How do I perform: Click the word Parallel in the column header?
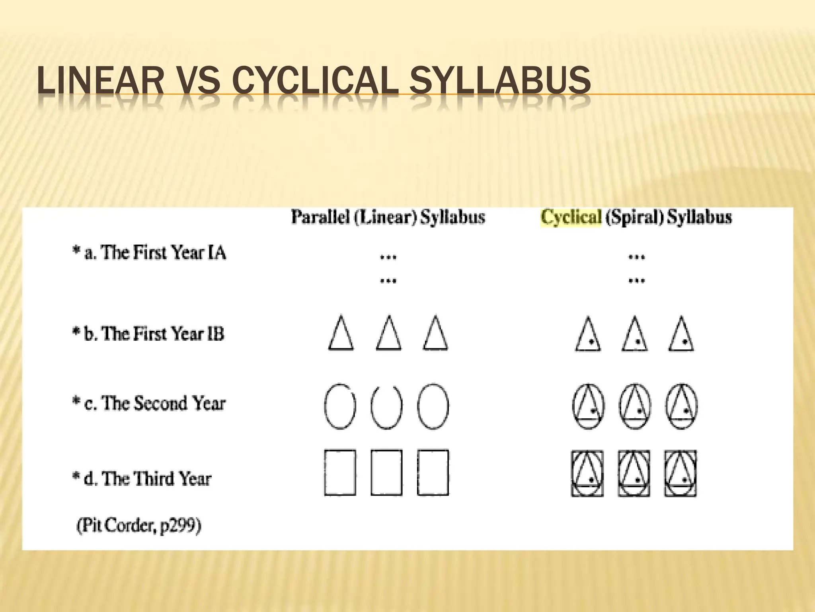[x=320, y=218]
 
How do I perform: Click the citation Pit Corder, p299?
[x=139, y=526]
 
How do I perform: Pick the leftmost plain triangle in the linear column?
[x=341, y=335]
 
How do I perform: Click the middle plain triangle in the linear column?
[x=388, y=335]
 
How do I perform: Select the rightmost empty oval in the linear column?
[x=433, y=406]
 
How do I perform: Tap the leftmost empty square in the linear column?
[x=340, y=473]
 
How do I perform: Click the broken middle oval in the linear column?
[x=386, y=406]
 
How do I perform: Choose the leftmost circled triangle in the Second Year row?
[x=588, y=406]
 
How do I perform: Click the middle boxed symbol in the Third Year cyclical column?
[x=634, y=473]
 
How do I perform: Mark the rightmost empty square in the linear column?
[x=433, y=473]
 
